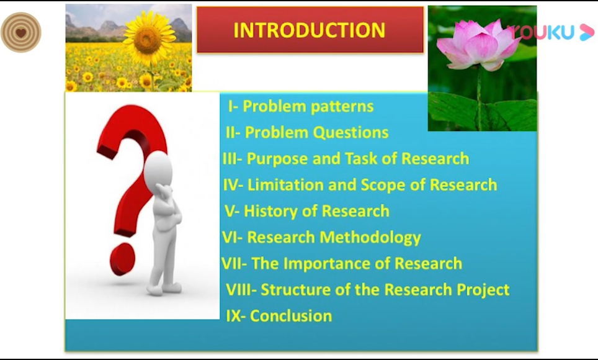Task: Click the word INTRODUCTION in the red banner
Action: coord(310,30)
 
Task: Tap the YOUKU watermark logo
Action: coord(551,32)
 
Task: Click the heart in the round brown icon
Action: coord(21,33)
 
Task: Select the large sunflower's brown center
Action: coord(147,39)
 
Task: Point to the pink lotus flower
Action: coord(478,45)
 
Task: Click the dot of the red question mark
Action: coord(122,259)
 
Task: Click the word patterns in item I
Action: coord(340,107)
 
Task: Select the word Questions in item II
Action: coord(350,133)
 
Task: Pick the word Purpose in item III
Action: coord(277,159)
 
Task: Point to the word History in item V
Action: coord(275,211)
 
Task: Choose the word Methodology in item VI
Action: coord(370,238)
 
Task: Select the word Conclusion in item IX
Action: coord(291,316)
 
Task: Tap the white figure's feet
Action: coord(164,288)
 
